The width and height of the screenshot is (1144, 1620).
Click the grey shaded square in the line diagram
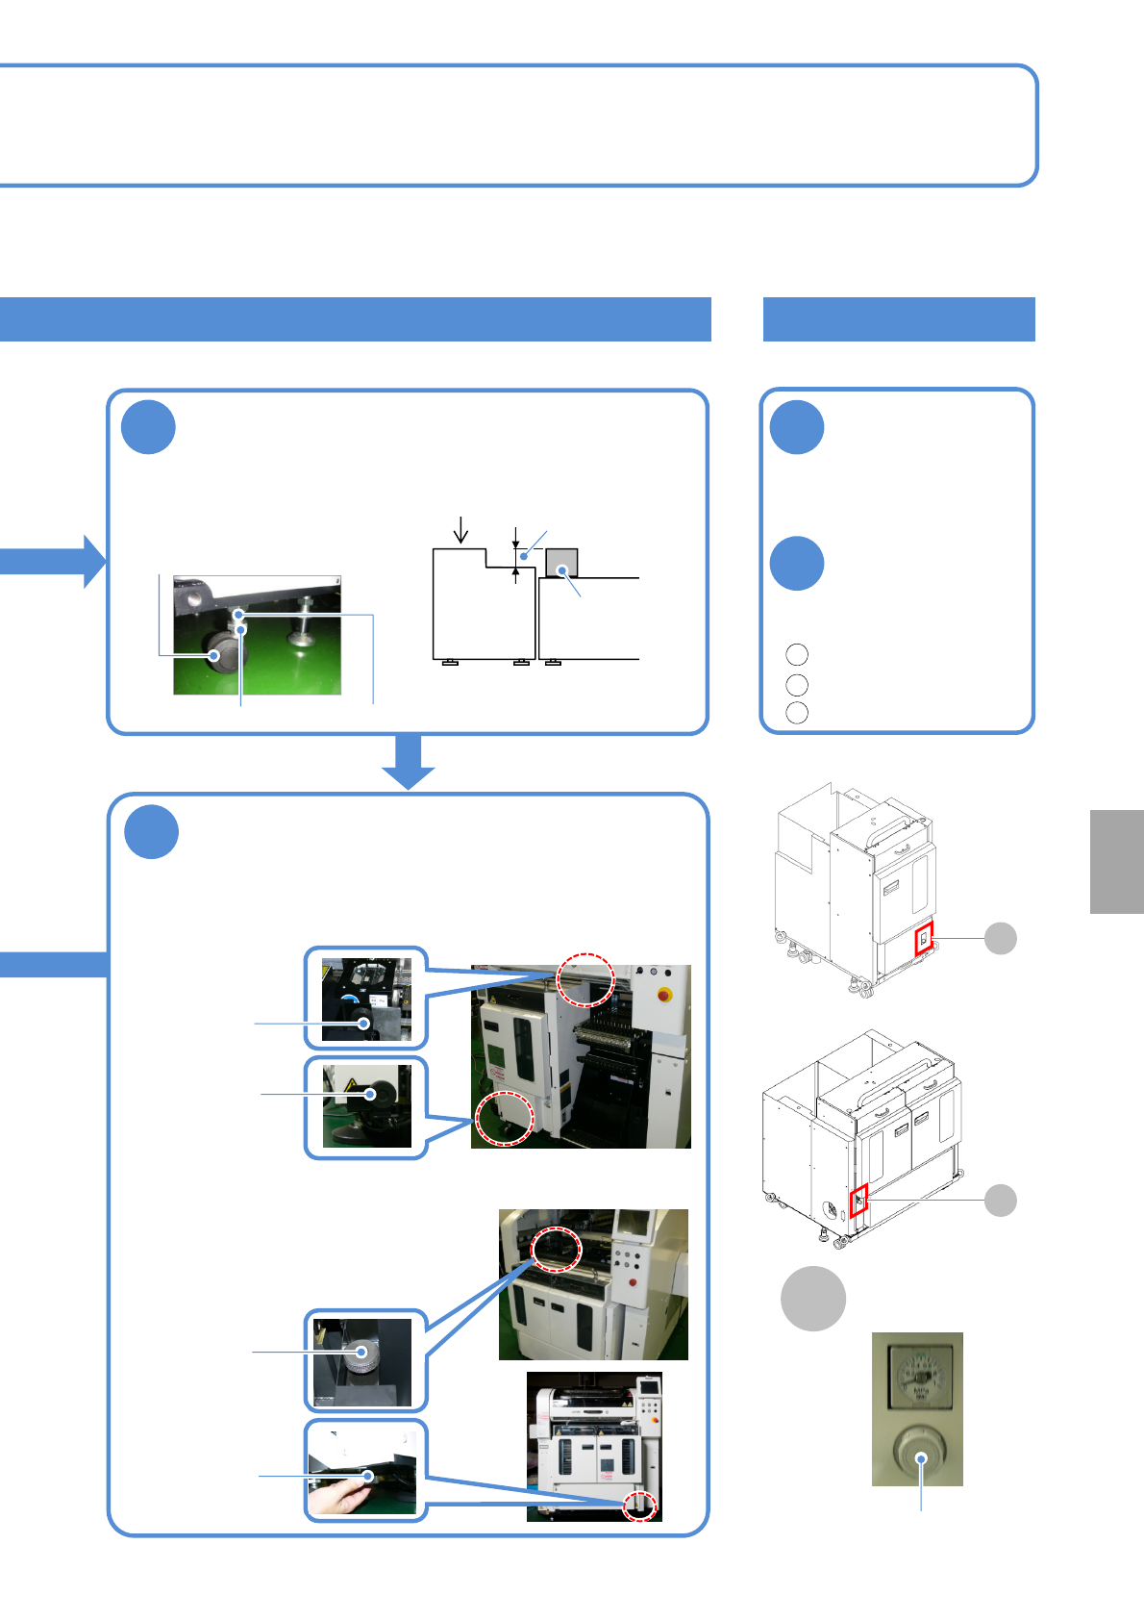click(x=561, y=563)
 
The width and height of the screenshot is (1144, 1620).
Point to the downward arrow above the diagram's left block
click(x=461, y=530)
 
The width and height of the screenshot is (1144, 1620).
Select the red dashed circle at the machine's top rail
click(x=586, y=979)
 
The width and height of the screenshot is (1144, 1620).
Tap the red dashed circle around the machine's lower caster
click(x=505, y=1118)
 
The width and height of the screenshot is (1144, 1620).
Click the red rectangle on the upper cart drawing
click(x=924, y=938)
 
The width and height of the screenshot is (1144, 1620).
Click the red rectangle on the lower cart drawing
click(x=858, y=1201)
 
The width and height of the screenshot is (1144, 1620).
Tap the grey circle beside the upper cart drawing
click(x=1001, y=938)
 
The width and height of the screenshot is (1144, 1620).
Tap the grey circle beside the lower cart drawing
click(x=1001, y=1201)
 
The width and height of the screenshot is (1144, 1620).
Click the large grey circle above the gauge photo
click(x=813, y=1299)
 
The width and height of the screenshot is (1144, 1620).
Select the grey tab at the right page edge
click(x=1117, y=862)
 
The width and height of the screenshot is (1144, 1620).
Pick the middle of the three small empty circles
click(x=797, y=685)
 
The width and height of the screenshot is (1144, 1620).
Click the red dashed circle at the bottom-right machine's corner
click(x=639, y=1505)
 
